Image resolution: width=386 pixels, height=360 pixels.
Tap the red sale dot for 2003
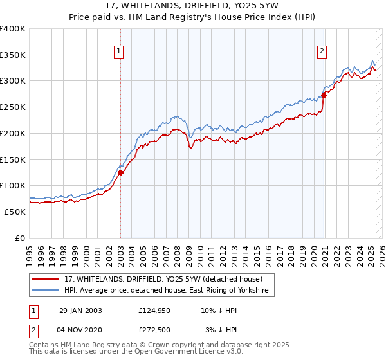click(x=121, y=172)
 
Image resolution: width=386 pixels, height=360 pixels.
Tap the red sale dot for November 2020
click(x=324, y=95)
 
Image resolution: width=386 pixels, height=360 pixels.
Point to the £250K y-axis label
click(x=13, y=107)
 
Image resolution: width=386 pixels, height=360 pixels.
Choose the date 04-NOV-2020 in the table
click(x=82, y=330)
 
